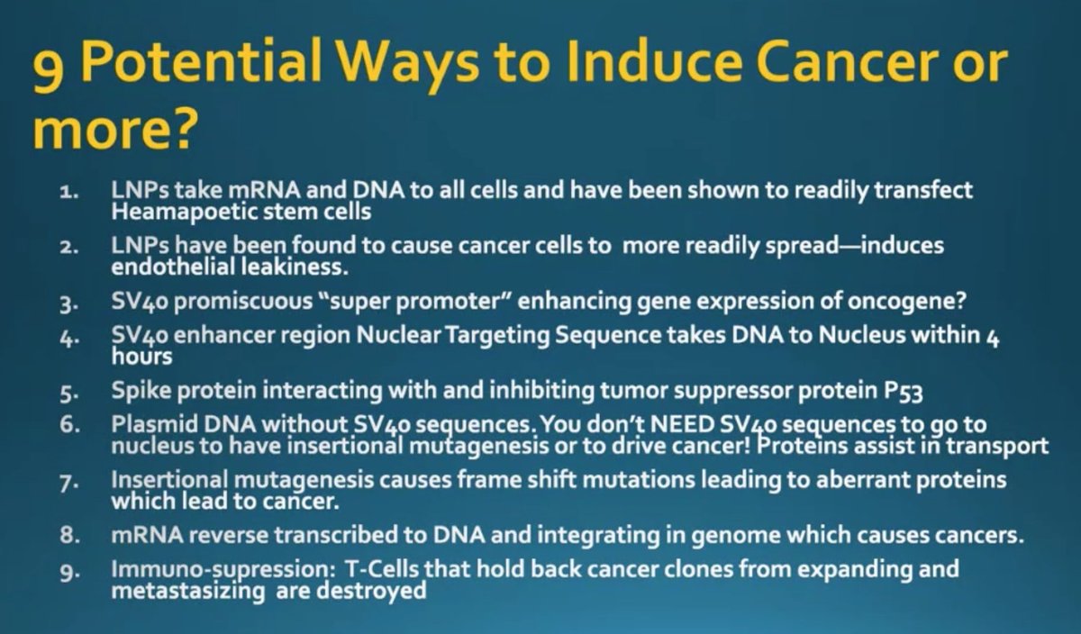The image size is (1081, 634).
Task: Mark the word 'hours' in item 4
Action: [141, 356]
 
